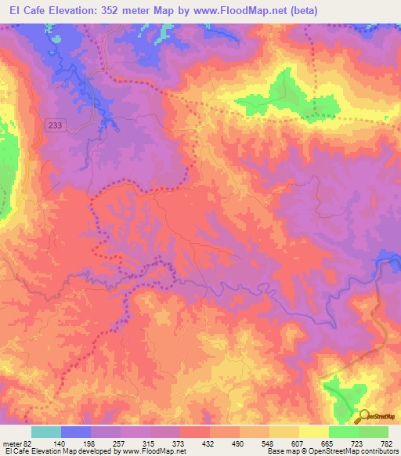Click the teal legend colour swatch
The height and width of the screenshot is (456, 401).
[x=46, y=432]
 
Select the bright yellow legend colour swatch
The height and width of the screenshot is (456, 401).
[x=314, y=432]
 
